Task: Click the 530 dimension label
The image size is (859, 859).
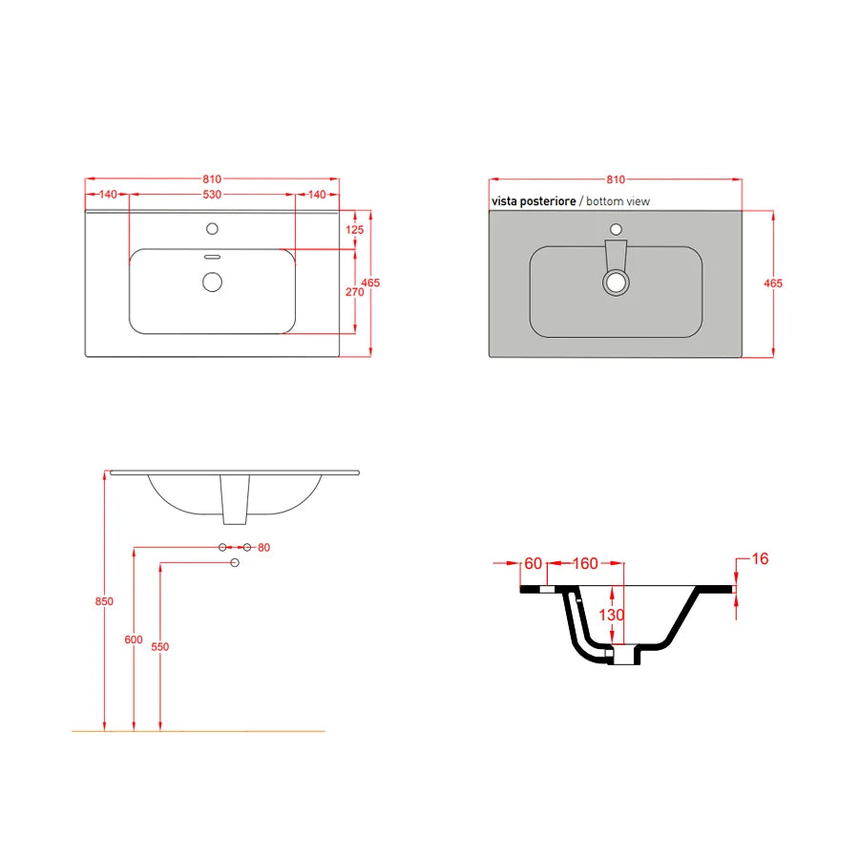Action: pyautogui.click(x=212, y=194)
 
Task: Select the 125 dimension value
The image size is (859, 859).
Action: pyautogui.click(x=355, y=230)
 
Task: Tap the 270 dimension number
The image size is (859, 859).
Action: pyautogui.click(x=355, y=292)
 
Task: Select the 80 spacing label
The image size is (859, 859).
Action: pyautogui.click(x=264, y=547)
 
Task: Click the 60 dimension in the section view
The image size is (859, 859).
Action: pyautogui.click(x=533, y=563)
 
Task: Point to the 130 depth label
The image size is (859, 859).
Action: pyautogui.click(x=611, y=615)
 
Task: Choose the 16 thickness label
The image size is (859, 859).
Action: pyautogui.click(x=760, y=558)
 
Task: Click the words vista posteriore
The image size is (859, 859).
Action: pyautogui.click(x=534, y=201)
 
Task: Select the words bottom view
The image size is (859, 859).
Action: pyautogui.click(x=618, y=201)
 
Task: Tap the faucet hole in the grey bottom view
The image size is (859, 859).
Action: pyautogui.click(x=616, y=229)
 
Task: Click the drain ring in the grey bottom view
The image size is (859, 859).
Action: pyautogui.click(x=616, y=282)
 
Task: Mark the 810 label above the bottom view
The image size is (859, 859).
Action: pyautogui.click(x=615, y=179)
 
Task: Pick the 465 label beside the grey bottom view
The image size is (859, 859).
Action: pyautogui.click(x=773, y=283)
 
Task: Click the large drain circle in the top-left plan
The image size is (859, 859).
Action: pyautogui.click(x=212, y=281)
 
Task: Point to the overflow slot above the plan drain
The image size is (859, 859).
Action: pyautogui.click(x=212, y=256)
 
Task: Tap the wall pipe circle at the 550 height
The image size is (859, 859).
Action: pyautogui.click(x=235, y=563)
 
